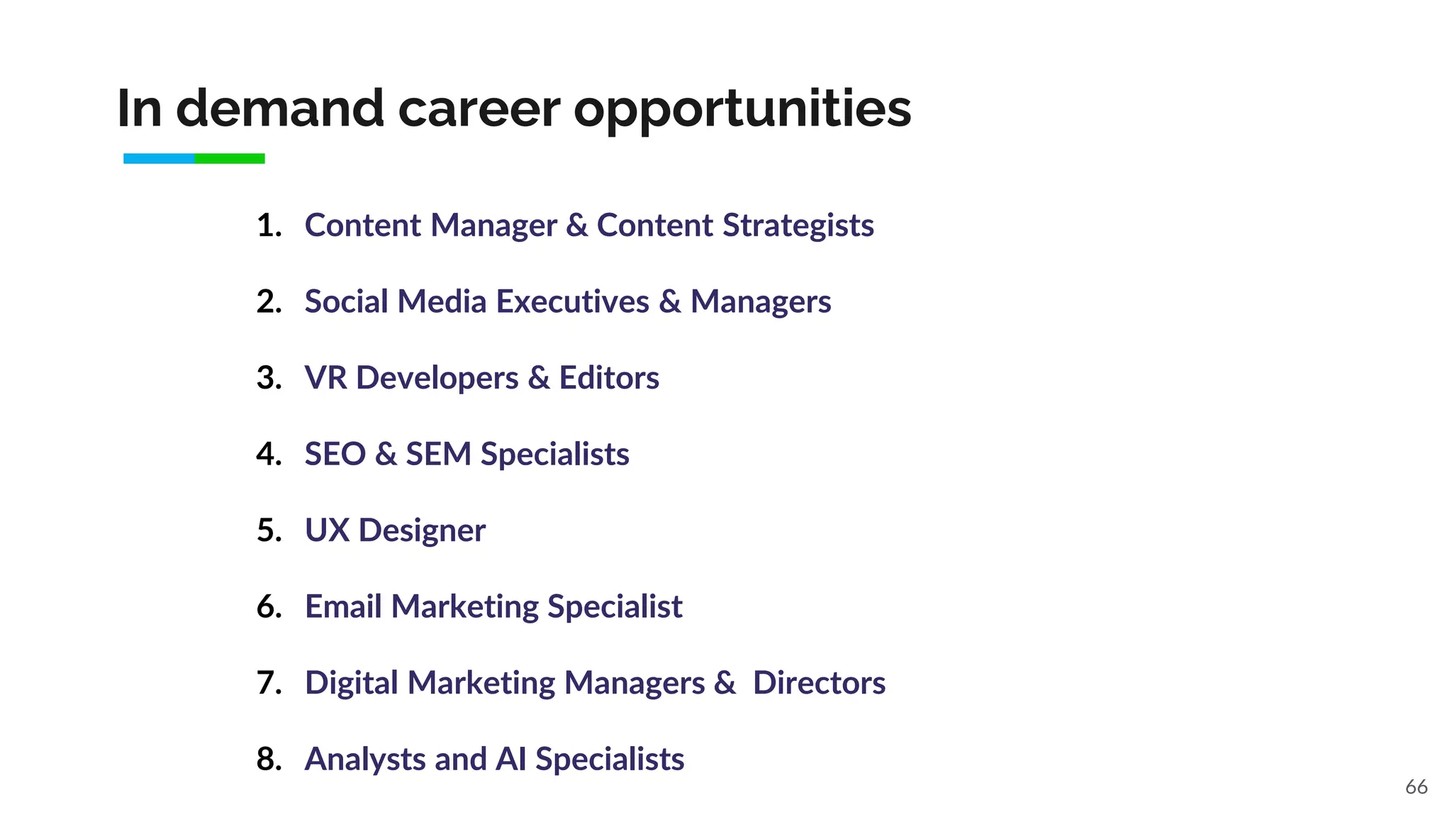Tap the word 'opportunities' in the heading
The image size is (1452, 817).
pos(742,110)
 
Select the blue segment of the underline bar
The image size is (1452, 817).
pos(159,159)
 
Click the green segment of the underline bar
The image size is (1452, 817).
pos(230,159)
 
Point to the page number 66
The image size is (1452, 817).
pos(1416,787)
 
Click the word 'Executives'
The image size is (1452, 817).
pos(572,301)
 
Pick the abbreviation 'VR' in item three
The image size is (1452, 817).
pos(325,378)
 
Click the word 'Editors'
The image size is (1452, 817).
pos(609,378)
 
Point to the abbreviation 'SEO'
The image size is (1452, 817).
pos(335,454)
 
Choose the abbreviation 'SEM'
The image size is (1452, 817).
pos(438,454)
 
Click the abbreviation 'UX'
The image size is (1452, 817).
pos(327,530)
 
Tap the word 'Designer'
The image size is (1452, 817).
pos(422,530)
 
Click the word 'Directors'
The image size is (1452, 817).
pos(819,683)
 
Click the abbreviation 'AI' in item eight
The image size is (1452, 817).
pos(510,759)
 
